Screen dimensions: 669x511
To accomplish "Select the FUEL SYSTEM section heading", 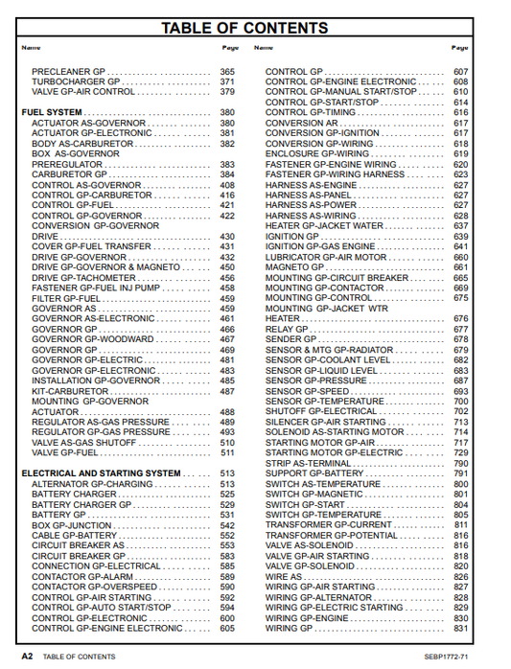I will (51, 113).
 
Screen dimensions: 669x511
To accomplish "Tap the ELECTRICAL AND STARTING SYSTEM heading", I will (101, 473).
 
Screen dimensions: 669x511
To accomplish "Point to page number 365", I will (226, 72).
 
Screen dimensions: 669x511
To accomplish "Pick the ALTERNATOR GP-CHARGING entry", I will (86, 484).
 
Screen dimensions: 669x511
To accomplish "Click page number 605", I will (226, 629).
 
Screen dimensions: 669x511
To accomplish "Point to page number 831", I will (461, 629).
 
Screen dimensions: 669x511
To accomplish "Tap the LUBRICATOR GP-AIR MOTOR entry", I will (326, 257).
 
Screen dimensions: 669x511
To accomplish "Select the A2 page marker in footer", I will (28, 657).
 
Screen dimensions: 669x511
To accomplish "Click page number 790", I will (461, 463).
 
